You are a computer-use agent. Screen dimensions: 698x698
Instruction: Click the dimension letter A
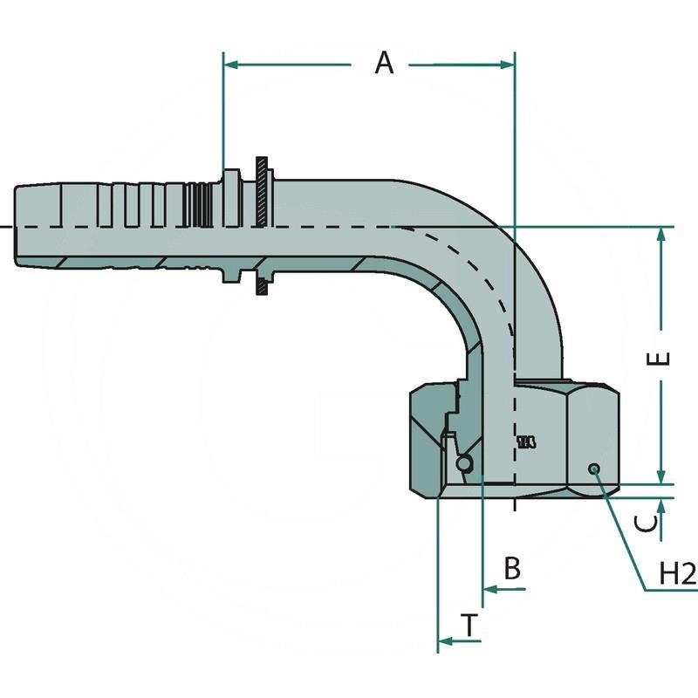tap(385, 63)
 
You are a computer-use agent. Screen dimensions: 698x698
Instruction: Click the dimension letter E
tap(662, 359)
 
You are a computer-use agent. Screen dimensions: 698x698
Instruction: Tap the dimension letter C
tap(646, 523)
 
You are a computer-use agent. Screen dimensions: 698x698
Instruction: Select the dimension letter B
tap(513, 569)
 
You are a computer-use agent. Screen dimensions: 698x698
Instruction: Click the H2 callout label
tap(677, 573)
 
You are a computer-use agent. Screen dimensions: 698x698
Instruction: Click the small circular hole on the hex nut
tap(594, 469)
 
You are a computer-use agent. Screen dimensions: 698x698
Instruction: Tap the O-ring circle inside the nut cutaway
tap(467, 462)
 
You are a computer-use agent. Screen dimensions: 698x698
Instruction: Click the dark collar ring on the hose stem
tap(262, 225)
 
